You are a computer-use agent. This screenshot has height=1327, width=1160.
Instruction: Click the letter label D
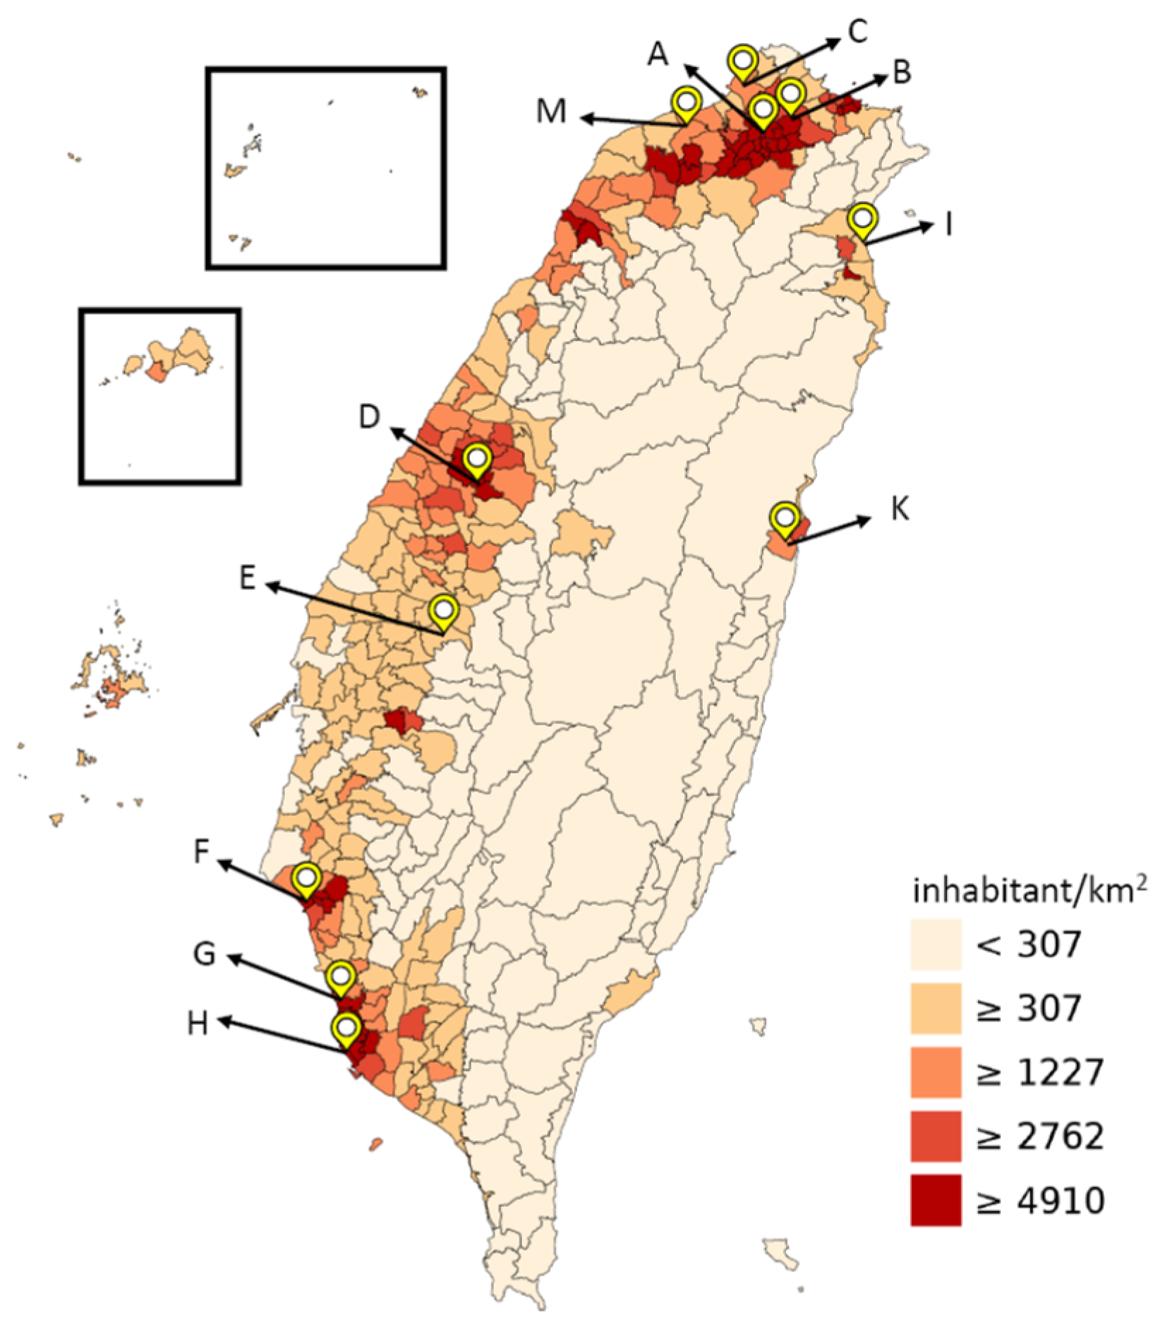tap(369, 416)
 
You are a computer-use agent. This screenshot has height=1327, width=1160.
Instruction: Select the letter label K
tap(900, 508)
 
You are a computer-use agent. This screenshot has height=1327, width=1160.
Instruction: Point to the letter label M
tap(551, 111)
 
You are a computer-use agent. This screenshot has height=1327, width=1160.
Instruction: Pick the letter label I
tap(949, 224)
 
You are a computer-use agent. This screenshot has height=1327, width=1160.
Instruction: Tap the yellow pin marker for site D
tap(478, 460)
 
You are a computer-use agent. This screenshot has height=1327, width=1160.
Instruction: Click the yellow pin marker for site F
tap(306, 878)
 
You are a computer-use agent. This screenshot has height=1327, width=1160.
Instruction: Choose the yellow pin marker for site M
tap(685, 102)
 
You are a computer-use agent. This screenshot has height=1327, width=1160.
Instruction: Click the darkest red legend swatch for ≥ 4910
tap(935, 1200)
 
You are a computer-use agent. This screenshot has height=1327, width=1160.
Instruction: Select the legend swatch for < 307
tap(935, 944)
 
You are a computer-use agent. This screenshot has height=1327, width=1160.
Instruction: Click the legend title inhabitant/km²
tap(1029, 891)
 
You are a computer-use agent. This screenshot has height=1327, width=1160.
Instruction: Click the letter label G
tap(204, 955)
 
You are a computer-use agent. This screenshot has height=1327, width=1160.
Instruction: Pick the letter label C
tap(857, 32)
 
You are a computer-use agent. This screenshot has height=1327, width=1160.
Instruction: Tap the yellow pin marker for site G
tap(342, 977)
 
